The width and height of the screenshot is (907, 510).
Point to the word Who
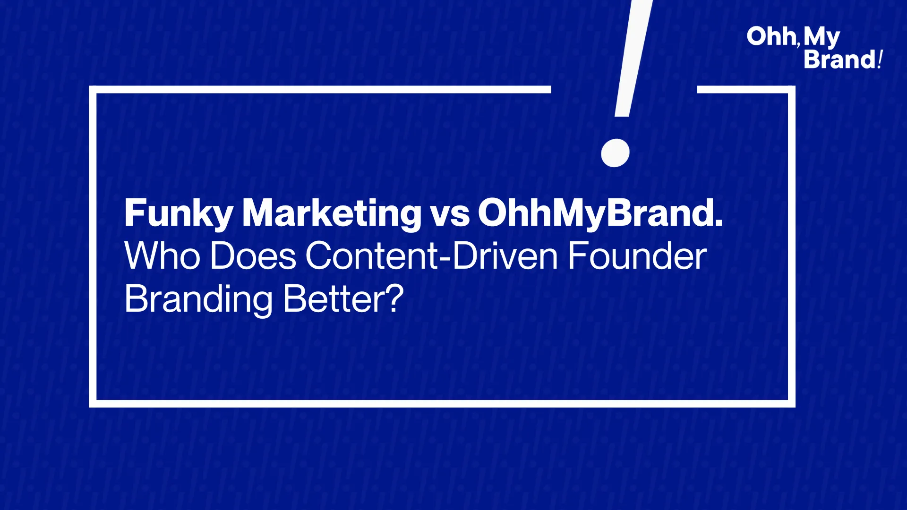coord(163,256)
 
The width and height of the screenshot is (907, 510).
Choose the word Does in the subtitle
coord(253,256)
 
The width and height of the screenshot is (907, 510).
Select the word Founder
coord(637,256)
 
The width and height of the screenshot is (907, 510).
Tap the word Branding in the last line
coord(198,299)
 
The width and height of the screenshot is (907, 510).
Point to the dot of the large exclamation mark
coord(615,153)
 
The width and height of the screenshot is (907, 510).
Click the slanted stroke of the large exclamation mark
coord(633,58)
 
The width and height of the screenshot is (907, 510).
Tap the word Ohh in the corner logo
coord(771,36)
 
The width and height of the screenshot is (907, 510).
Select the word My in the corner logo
coord(821,38)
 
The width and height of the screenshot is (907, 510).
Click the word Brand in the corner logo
coord(840,59)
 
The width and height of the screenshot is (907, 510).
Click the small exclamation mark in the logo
coord(880,59)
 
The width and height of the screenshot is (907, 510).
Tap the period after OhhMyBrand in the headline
coord(719,223)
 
